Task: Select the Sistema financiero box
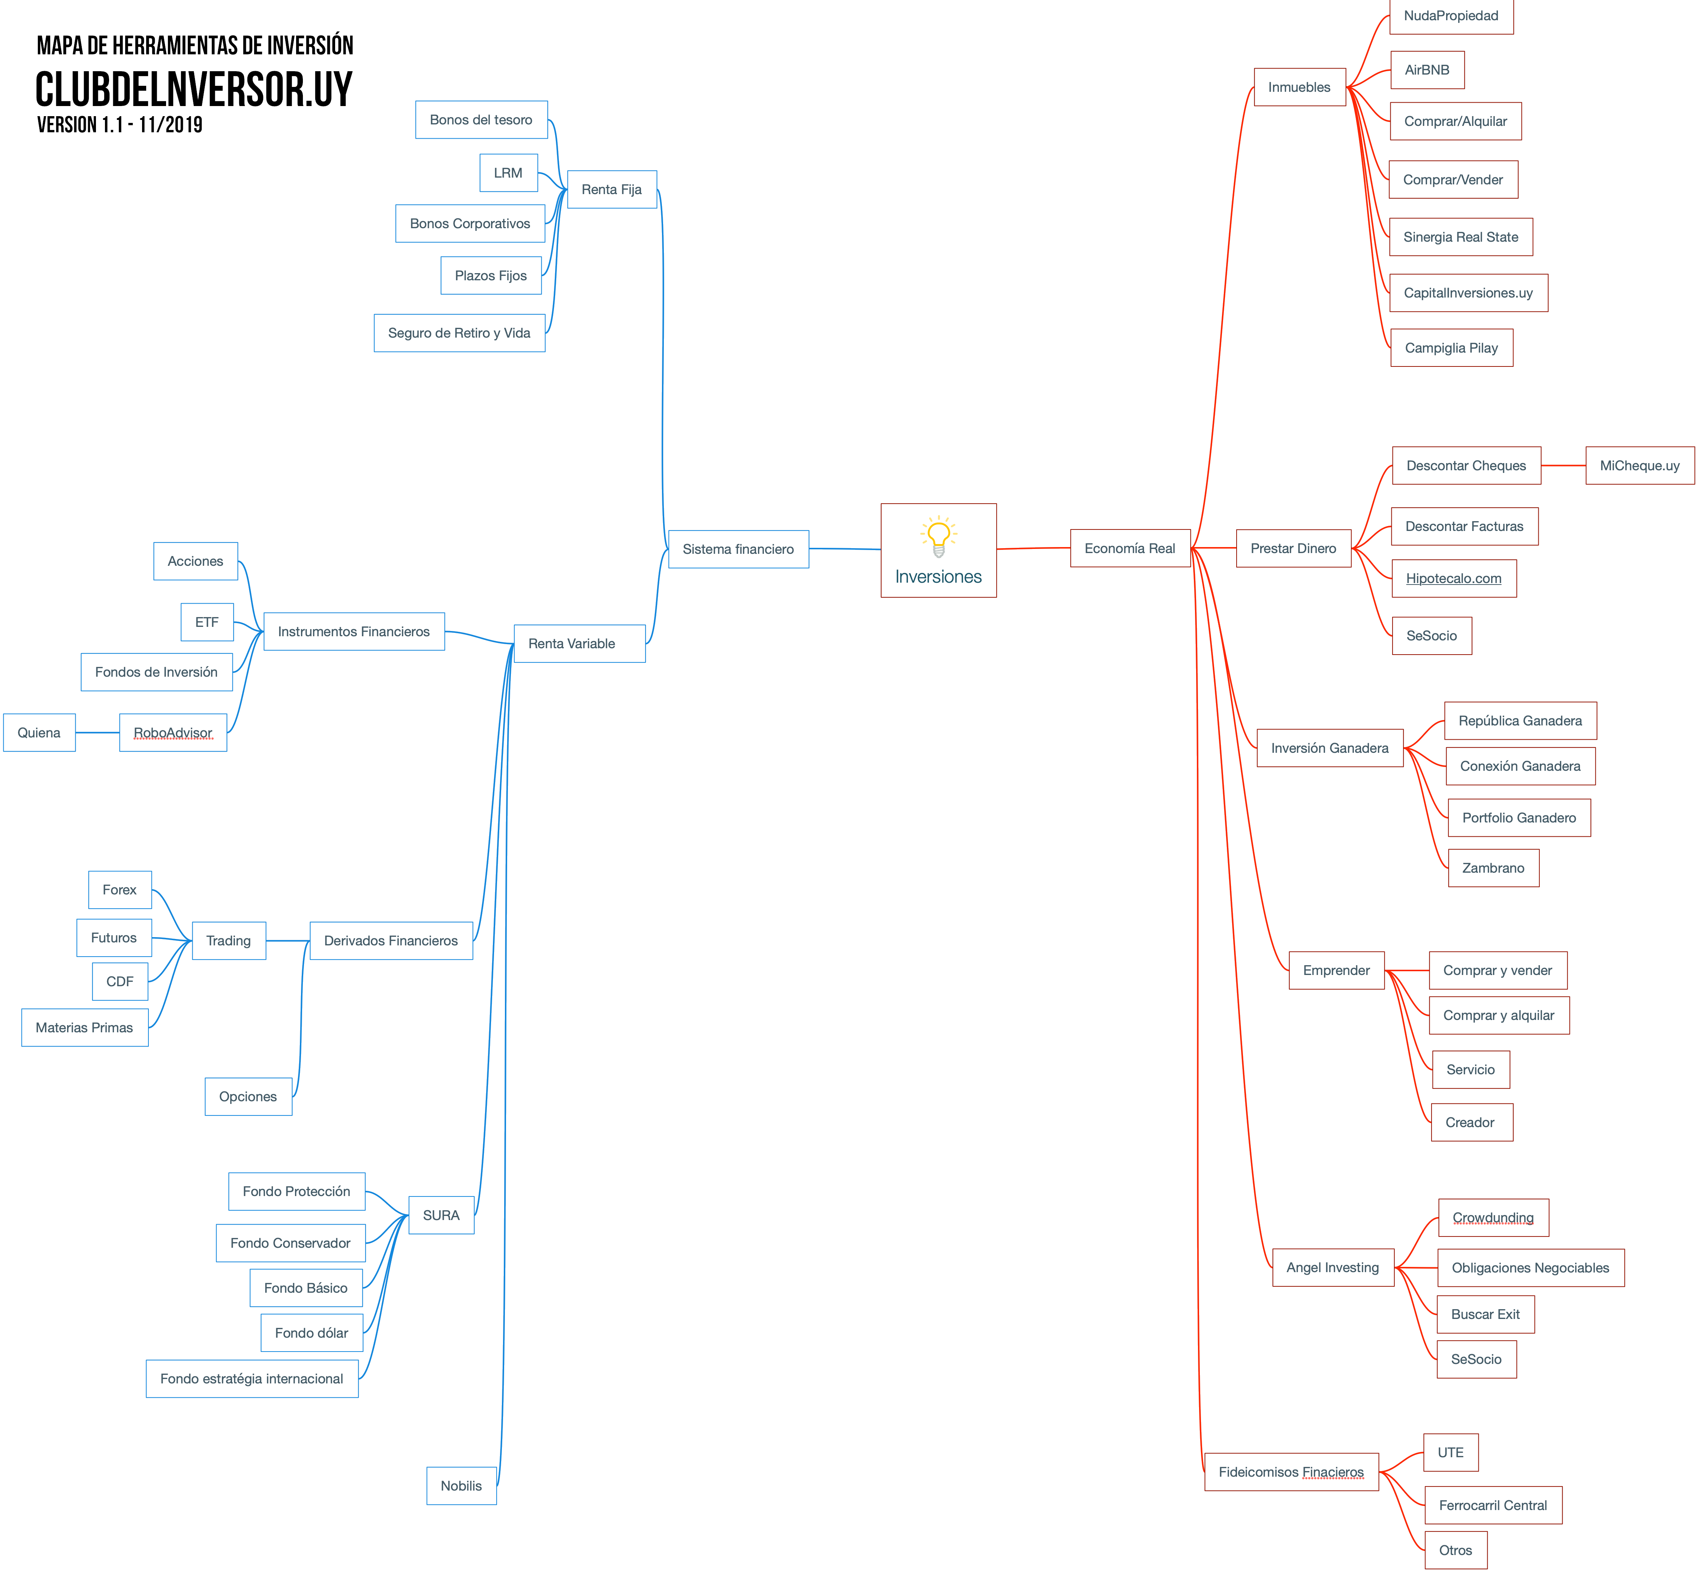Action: click(x=739, y=549)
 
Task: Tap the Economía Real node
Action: click(x=1130, y=548)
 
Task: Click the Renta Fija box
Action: click(x=612, y=190)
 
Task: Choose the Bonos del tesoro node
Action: click(x=481, y=120)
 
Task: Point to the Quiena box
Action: click(x=39, y=733)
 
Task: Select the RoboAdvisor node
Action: click(x=174, y=733)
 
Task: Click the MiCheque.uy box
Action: click(x=1640, y=465)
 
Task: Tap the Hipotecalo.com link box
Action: click(x=1454, y=578)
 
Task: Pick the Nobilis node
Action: click(x=461, y=1486)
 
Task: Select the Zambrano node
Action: click(x=1493, y=868)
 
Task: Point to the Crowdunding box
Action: click(x=1493, y=1218)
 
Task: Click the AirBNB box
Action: click(x=1427, y=70)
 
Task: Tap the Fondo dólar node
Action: click(x=312, y=1333)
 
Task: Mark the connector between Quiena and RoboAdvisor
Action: click(x=97, y=733)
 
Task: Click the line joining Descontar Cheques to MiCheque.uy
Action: click(x=1563, y=465)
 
